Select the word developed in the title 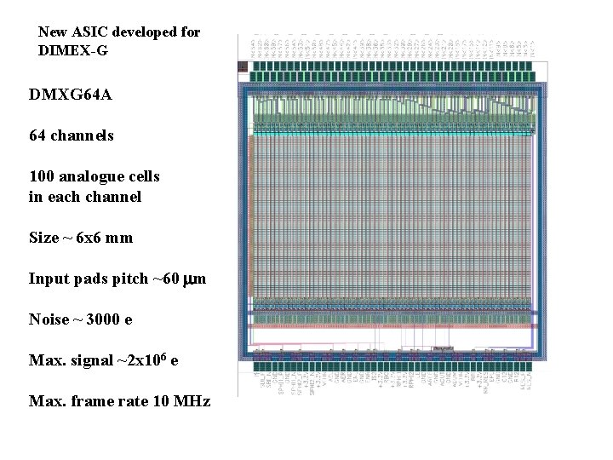pyautogui.click(x=143, y=32)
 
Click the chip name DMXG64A pyautogui.click(x=70, y=95)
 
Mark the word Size pyautogui.click(x=43, y=238)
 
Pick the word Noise pyautogui.click(x=48, y=319)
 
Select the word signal pyautogui.click(x=89, y=361)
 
